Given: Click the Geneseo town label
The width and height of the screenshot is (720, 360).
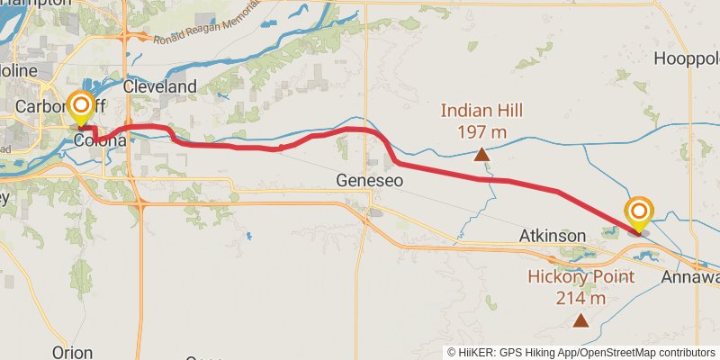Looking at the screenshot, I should coord(368,180).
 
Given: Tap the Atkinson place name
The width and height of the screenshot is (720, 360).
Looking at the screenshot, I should coord(553,236).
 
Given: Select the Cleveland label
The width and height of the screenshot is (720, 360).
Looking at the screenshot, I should coord(159,86).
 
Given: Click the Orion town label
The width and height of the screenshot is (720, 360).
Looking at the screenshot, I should coord(73,351).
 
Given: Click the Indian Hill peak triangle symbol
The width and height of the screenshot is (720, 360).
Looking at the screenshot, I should coord(482,154).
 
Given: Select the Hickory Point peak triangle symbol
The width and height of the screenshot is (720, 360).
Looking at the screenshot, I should coord(581,319).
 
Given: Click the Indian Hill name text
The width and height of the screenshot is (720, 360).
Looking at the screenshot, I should coord(481,112).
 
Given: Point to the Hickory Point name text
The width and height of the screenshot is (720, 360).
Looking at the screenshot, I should coord(580,277).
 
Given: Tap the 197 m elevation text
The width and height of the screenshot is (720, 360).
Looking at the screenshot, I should coord(481,132).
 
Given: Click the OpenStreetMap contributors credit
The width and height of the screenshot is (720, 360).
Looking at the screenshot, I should coord(652,353).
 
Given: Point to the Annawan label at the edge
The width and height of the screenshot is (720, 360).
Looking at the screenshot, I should coord(691,277).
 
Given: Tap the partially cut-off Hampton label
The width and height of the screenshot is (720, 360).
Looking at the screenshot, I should coord(36,4).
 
